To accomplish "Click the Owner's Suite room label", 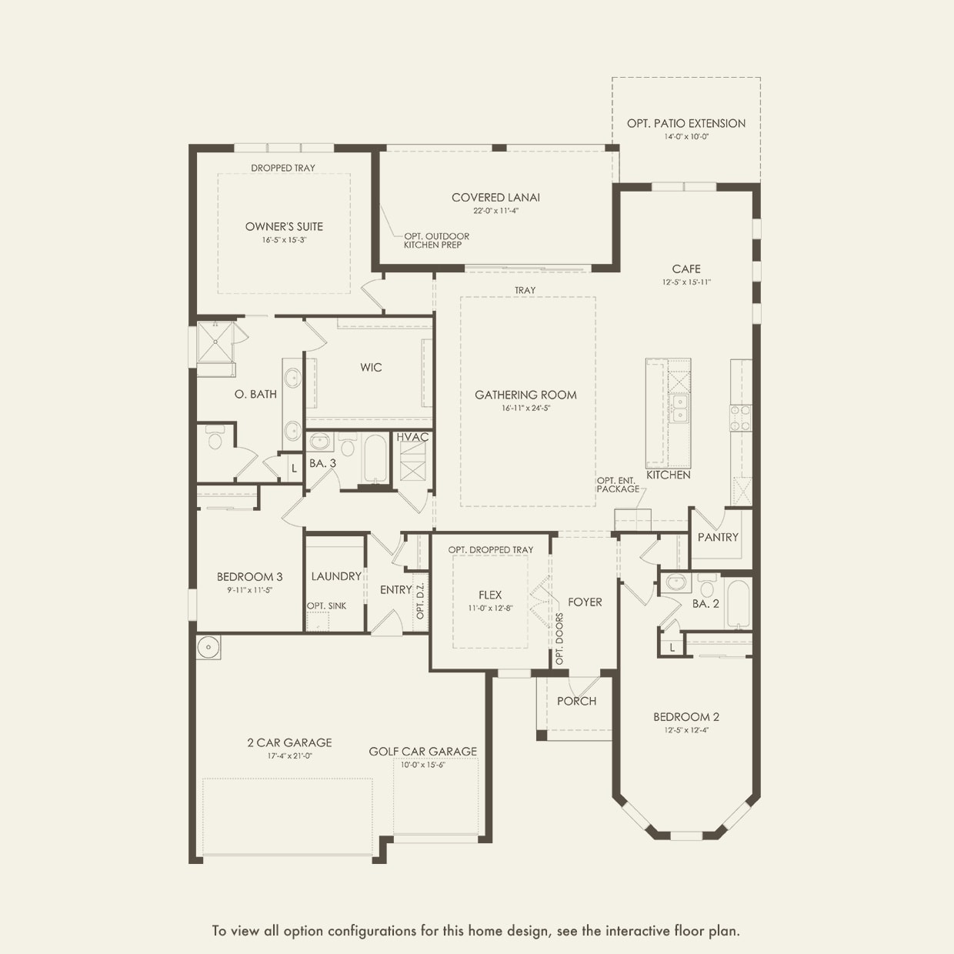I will click(x=284, y=226).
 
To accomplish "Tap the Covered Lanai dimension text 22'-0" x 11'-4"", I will click(x=495, y=210).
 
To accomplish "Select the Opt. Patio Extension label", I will click(x=685, y=123).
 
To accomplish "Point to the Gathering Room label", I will click(x=525, y=395).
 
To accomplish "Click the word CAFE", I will click(x=686, y=269).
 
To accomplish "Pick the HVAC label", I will click(x=412, y=437).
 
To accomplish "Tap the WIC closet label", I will click(x=371, y=367).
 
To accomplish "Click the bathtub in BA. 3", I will click(x=375, y=459).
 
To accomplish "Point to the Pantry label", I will click(x=718, y=537).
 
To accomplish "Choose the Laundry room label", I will click(x=336, y=576).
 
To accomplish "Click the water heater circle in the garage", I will click(x=208, y=647).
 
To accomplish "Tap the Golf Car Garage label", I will click(x=422, y=752).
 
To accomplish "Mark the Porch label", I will click(x=576, y=701).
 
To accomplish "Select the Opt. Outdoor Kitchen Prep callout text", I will click(x=436, y=241).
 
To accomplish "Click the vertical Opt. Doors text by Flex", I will click(x=559, y=639).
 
